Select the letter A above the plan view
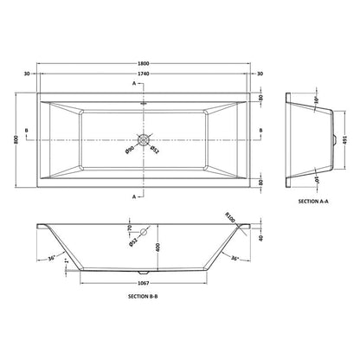(x=134, y=84)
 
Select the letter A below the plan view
(x=134, y=196)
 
